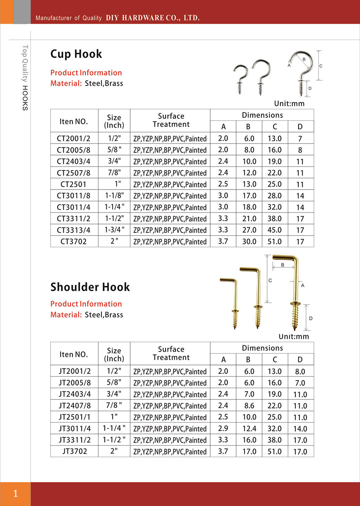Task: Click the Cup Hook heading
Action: pos(76,54)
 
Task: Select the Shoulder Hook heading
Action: pos(90,287)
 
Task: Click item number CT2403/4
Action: pos(73,161)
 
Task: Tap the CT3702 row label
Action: pos(73,242)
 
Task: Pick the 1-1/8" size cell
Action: pos(114,196)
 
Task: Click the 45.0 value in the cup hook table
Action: pos(275,230)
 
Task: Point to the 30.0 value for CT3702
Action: pos(249,242)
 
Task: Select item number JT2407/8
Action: pos(75,406)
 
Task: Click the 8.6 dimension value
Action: pos(249,406)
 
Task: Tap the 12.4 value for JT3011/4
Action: pos(249,429)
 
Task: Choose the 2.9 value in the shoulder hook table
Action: pos(223,429)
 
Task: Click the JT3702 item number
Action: pos(75,451)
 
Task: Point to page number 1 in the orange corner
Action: pos(15,494)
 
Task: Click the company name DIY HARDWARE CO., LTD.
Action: pos(153,18)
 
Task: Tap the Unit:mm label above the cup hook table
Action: pos(289,103)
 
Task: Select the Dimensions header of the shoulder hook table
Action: pos(262,348)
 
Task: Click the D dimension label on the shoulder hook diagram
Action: pos(311,318)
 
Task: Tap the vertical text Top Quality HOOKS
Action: pos(25,77)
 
